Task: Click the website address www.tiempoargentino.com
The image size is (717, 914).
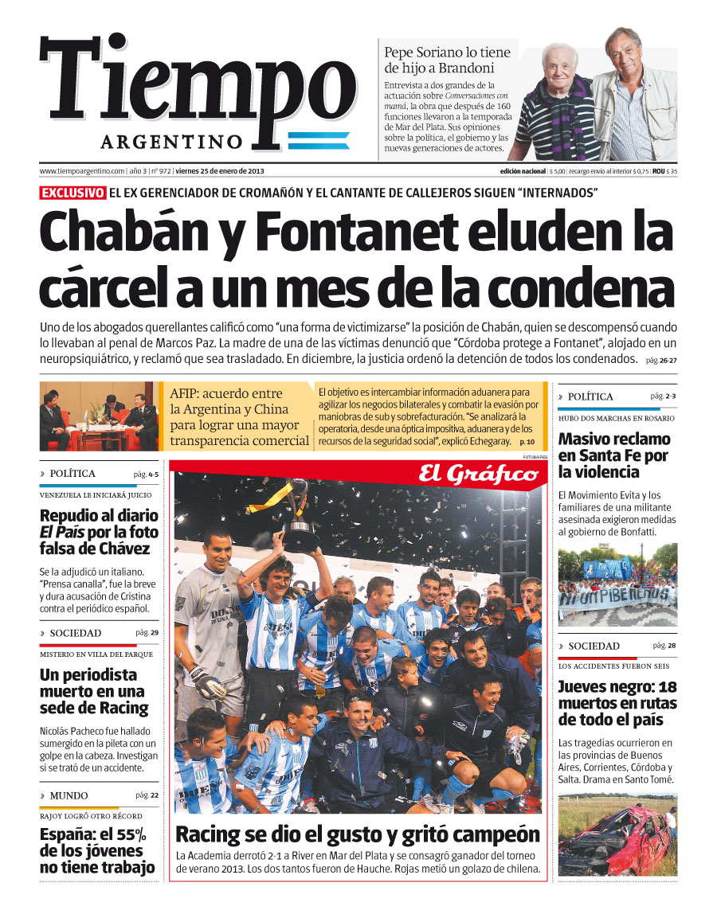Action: pyautogui.click(x=82, y=171)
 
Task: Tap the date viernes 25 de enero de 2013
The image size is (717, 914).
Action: pyautogui.click(x=220, y=171)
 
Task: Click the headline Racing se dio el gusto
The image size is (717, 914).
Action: pyautogui.click(x=357, y=834)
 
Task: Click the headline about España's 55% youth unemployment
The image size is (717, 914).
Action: pyautogui.click(x=98, y=851)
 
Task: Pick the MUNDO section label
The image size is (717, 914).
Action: pyautogui.click(x=69, y=795)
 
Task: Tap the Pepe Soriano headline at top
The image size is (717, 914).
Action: pyautogui.click(x=448, y=61)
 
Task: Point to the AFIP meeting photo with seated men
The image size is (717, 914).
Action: pyautogui.click(x=100, y=416)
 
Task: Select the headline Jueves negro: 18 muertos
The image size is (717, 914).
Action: pyautogui.click(x=617, y=703)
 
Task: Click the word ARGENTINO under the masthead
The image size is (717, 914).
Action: pyautogui.click(x=171, y=142)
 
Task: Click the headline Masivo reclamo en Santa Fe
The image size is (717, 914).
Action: pyautogui.click(x=614, y=455)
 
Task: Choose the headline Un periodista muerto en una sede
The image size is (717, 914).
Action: pyautogui.click(x=94, y=691)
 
